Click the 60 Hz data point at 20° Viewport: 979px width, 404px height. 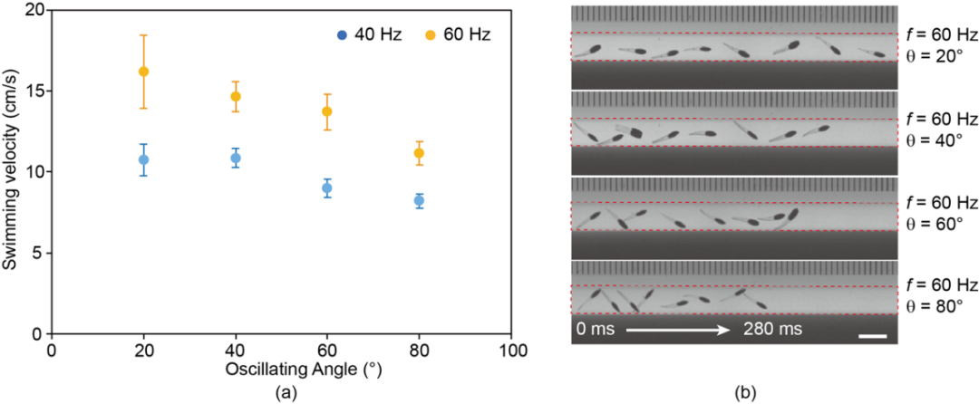[143, 72]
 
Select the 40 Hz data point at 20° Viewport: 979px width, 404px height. [143, 159]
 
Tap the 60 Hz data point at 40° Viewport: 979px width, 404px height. [236, 96]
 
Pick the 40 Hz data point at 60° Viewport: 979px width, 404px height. [327, 188]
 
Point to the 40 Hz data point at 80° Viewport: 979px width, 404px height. [419, 201]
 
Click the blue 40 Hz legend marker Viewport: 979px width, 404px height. [341, 34]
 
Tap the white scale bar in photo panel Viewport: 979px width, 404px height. [872, 337]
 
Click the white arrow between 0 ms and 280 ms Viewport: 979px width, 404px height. [678, 330]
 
